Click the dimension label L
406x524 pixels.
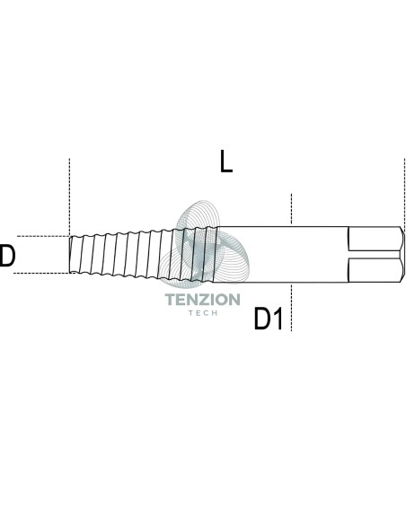pyautogui.click(x=226, y=162)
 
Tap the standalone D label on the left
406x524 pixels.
pyautogui.click(x=7, y=256)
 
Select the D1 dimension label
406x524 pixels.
pyautogui.click(x=269, y=319)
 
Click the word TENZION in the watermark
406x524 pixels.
pyautogui.click(x=203, y=300)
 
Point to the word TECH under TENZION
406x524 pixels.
pyautogui.click(x=203, y=313)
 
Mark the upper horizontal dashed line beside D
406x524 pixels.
pyautogui.click(x=43, y=236)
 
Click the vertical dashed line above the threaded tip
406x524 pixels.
pyautogui.click(x=69, y=197)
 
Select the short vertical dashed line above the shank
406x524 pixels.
pyautogui.click(x=291, y=208)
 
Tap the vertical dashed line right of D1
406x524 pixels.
pyautogui.click(x=291, y=308)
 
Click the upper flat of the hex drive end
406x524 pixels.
pyautogui.click(x=375, y=239)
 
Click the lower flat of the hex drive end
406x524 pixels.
pyautogui.click(x=375, y=270)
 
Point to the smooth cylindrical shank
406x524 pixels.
pyautogui.click(x=283, y=254)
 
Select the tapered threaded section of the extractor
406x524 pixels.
pyautogui.click(x=143, y=254)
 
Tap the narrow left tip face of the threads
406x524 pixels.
pyautogui.click(x=70, y=254)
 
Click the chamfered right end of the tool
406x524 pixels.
pyautogui.click(x=402, y=254)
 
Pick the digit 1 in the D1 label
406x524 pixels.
pyautogui.click(x=278, y=319)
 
